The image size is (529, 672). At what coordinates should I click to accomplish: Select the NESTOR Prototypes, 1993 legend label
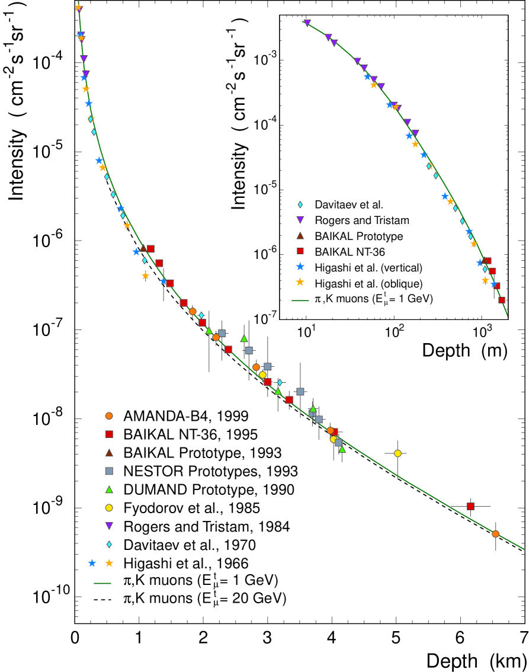click(210, 472)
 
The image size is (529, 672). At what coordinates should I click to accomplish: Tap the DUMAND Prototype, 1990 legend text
click(209, 489)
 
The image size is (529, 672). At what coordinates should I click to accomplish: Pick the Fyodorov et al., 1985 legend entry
click(192, 508)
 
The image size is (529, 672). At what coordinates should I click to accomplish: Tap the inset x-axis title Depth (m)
click(465, 351)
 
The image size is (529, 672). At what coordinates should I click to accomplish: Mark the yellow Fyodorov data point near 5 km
click(397, 453)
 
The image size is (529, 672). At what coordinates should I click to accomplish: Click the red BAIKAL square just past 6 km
click(470, 506)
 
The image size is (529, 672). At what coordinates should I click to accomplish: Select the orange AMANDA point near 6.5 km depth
click(496, 534)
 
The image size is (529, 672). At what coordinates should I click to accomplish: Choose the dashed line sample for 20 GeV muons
click(104, 600)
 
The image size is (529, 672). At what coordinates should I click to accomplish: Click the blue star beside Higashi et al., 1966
click(92, 562)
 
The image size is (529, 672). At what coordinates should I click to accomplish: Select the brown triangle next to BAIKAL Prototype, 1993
click(109, 453)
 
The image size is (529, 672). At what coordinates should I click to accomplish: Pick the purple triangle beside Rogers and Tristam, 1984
click(109, 526)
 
